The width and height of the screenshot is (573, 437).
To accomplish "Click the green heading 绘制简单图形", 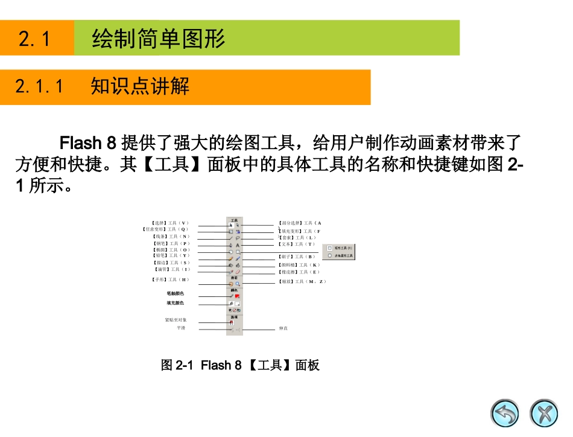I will pos(158,39).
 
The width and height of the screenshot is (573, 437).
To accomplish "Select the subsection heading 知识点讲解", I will pos(140,86).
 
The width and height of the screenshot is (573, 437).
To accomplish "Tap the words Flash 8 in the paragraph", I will pos(87,144).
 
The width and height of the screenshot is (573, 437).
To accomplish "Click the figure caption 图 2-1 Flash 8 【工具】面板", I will pos(239,365).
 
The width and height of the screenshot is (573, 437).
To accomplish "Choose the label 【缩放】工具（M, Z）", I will pos(302,281).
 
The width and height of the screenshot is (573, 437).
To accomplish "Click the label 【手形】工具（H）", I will pos(170,279).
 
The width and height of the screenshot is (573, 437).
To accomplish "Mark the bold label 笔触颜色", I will pos(176,293).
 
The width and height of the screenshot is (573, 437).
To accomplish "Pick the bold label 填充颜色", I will pos(176,303).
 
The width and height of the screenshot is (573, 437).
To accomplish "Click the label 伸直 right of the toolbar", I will pos(283,328).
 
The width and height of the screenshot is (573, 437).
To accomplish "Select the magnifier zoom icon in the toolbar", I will pos(238,282).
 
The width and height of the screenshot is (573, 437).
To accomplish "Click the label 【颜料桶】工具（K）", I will pos(299,265).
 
